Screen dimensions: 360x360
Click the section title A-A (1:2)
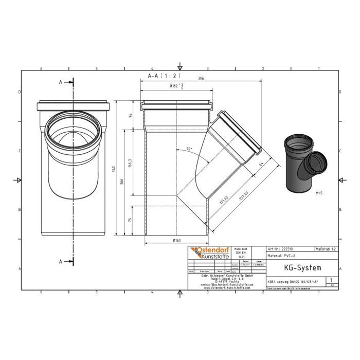pyautogui.click(x=155, y=76)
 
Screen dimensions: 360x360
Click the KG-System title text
pyautogui.click(x=302, y=267)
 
